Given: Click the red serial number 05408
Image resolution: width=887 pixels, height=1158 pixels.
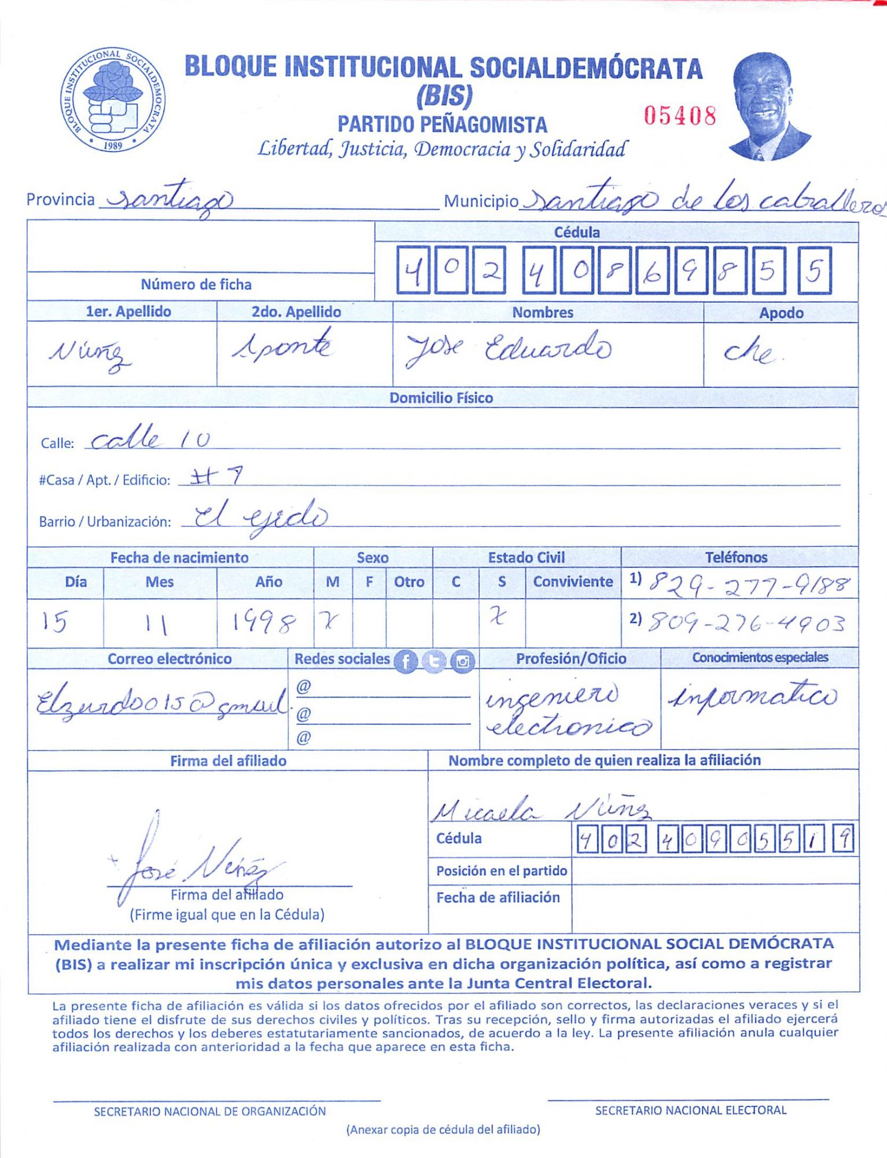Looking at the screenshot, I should [680, 116].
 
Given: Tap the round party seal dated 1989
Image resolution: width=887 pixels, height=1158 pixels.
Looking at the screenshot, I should [113, 100].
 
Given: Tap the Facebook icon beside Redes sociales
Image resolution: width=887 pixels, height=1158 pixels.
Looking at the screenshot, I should [406, 661].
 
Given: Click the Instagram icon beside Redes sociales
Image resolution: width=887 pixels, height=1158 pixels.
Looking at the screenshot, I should [462, 661].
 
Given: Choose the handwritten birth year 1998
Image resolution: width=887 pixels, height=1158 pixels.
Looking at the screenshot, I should [263, 623].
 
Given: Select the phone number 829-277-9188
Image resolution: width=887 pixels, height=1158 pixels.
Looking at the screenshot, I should [749, 584].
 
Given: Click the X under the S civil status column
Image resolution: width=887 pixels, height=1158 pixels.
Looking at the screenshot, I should [498, 618].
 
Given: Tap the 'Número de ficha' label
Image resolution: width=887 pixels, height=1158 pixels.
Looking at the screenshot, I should [196, 284].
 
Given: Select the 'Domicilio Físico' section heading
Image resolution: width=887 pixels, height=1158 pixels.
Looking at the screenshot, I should [441, 398].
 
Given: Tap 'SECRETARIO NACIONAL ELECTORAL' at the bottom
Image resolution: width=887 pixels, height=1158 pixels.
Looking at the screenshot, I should [690, 1110].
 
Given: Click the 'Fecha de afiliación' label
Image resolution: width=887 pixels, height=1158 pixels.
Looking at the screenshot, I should [498, 897].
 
